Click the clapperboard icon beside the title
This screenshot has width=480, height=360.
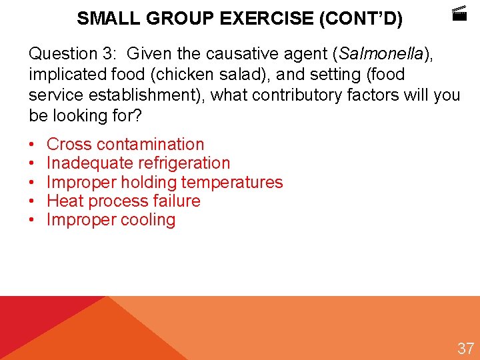pos(459,14)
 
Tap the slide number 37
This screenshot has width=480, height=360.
pos(465,348)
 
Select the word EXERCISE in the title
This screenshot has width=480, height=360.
pos(269,19)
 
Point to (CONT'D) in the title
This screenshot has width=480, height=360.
pos(361,19)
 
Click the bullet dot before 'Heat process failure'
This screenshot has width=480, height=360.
pos(33,201)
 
